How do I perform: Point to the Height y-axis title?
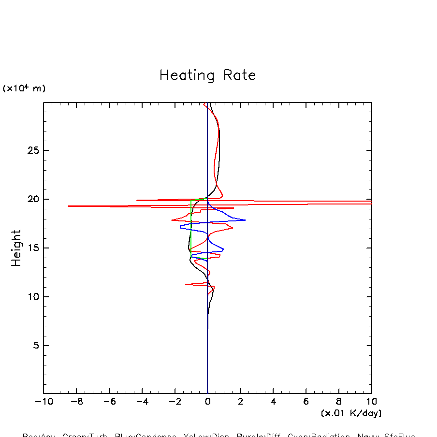16,248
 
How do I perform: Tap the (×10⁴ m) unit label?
24,88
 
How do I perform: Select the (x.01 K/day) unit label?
351,413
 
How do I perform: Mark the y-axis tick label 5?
35,346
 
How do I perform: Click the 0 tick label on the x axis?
207,402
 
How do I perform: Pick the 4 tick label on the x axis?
273,402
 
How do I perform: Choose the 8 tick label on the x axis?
338,402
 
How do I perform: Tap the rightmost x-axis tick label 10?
371,402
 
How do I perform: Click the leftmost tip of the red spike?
68,206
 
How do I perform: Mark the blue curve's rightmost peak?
245,220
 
